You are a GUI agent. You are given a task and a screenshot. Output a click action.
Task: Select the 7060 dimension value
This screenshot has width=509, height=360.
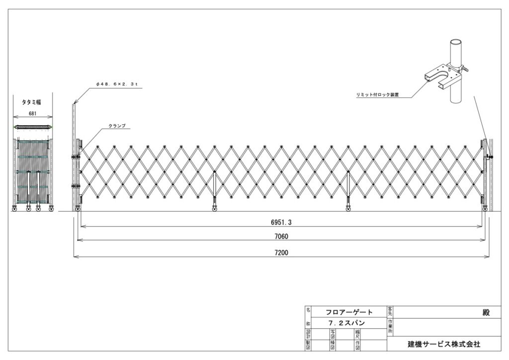point(281,236)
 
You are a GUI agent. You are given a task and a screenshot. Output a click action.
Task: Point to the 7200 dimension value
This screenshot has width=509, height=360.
point(281,252)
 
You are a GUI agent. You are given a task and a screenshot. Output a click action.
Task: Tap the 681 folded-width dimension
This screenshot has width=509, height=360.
point(33,113)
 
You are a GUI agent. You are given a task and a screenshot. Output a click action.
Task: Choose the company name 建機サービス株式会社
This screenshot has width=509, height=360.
point(444,344)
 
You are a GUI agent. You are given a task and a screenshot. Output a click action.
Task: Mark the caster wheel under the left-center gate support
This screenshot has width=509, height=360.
point(215,209)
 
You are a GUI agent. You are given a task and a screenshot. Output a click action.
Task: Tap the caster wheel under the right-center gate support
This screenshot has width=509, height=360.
point(348,209)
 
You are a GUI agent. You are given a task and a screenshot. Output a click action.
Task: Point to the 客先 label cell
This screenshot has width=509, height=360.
point(390,312)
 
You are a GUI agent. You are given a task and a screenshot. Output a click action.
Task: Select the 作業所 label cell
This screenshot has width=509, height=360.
point(390,327)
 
